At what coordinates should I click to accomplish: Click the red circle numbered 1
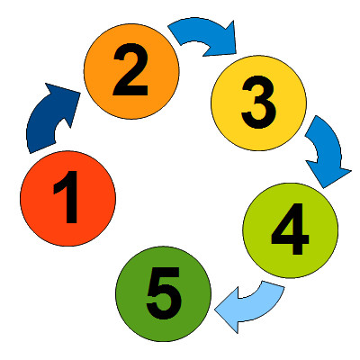[x=67, y=199]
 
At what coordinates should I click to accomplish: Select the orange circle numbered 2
[x=131, y=71]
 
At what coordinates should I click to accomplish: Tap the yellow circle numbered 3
[x=258, y=103]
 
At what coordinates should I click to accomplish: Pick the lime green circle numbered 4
[x=291, y=230]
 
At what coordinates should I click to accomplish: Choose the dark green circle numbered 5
[x=164, y=294]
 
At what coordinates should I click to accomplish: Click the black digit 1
[x=66, y=197]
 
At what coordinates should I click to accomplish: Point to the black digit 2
[x=130, y=69]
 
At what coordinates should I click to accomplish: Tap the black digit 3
[x=258, y=102]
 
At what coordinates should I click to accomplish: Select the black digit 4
[x=290, y=229]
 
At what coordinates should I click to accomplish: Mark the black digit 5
[x=164, y=293]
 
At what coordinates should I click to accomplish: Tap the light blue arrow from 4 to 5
[x=255, y=309]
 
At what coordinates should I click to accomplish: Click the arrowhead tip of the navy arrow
[x=80, y=93]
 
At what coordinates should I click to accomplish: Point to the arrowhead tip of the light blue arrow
[x=214, y=310]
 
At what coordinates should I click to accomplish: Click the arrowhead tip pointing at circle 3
[x=236, y=54]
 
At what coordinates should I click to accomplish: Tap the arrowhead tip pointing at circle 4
[x=323, y=188]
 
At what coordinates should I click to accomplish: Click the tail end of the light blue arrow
[x=274, y=284]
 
